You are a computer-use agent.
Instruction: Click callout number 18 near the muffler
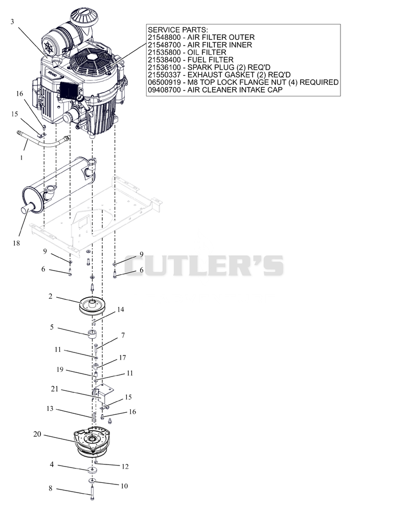tap(16, 243)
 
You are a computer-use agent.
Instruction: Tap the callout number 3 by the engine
tap(12, 21)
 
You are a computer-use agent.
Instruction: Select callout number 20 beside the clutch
tap(37, 434)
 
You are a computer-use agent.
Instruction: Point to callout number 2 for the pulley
tap(50, 297)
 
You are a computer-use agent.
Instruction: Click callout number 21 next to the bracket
tap(55, 389)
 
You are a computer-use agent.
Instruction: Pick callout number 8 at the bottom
tap(50, 488)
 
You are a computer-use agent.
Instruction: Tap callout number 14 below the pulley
tap(121, 309)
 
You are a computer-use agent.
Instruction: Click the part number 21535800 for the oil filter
tap(164, 52)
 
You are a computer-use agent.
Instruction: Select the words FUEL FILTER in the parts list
tap(210, 60)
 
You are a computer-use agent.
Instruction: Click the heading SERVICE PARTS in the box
tap(178, 30)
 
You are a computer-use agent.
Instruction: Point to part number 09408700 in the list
tap(164, 90)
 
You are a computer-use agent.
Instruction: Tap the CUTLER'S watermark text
tap(204, 265)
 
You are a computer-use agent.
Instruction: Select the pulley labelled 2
tap(94, 305)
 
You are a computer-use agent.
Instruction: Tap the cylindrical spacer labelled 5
tap(93, 334)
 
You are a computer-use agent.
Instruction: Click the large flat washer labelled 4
tap(92, 470)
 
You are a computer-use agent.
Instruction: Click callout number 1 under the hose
tap(21, 158)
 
